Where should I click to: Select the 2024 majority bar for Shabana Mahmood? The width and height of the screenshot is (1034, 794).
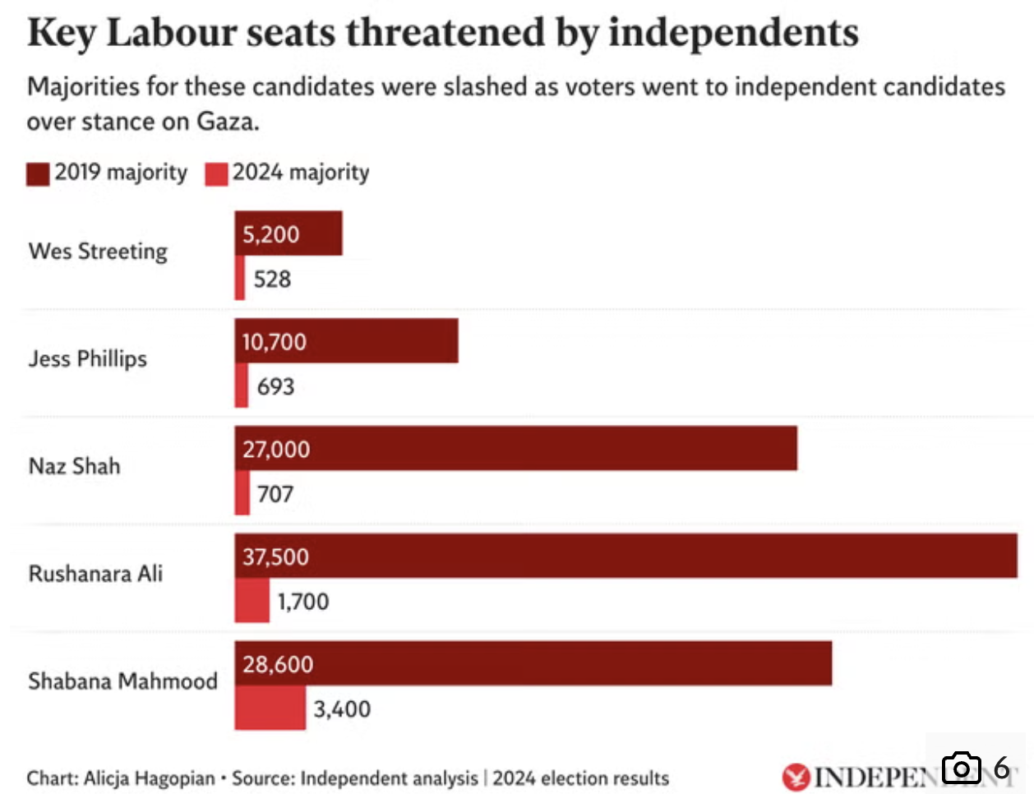(x=270, y=709)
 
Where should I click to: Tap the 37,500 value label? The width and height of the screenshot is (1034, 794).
(x=275, y=556)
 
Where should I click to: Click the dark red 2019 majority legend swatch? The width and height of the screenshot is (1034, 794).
(x=38, y=173)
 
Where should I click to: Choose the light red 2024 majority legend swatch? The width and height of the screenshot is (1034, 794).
(x=216, y=173)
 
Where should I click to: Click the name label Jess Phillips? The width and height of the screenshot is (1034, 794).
(x=88, y=359)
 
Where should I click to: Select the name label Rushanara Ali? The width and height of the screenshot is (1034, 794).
(x=95, y=574)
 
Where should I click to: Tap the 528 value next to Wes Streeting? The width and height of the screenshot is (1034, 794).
(x=272, y=279)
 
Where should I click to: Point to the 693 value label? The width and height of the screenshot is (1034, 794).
(x=275, y=386)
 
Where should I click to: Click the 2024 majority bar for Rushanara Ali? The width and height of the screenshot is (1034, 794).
(x=252, y=601)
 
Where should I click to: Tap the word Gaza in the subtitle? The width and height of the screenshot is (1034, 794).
(x=227, y=122)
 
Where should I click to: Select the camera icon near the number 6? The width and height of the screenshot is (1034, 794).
(x=961, y=768)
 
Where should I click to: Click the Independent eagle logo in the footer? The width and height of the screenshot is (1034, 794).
(x=795, y=777)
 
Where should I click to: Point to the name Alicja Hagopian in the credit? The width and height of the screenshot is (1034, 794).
(x=149, y=778)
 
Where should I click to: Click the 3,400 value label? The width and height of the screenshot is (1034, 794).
(x=342, y=709)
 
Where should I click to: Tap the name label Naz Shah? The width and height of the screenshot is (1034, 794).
(x=75, y=467)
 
